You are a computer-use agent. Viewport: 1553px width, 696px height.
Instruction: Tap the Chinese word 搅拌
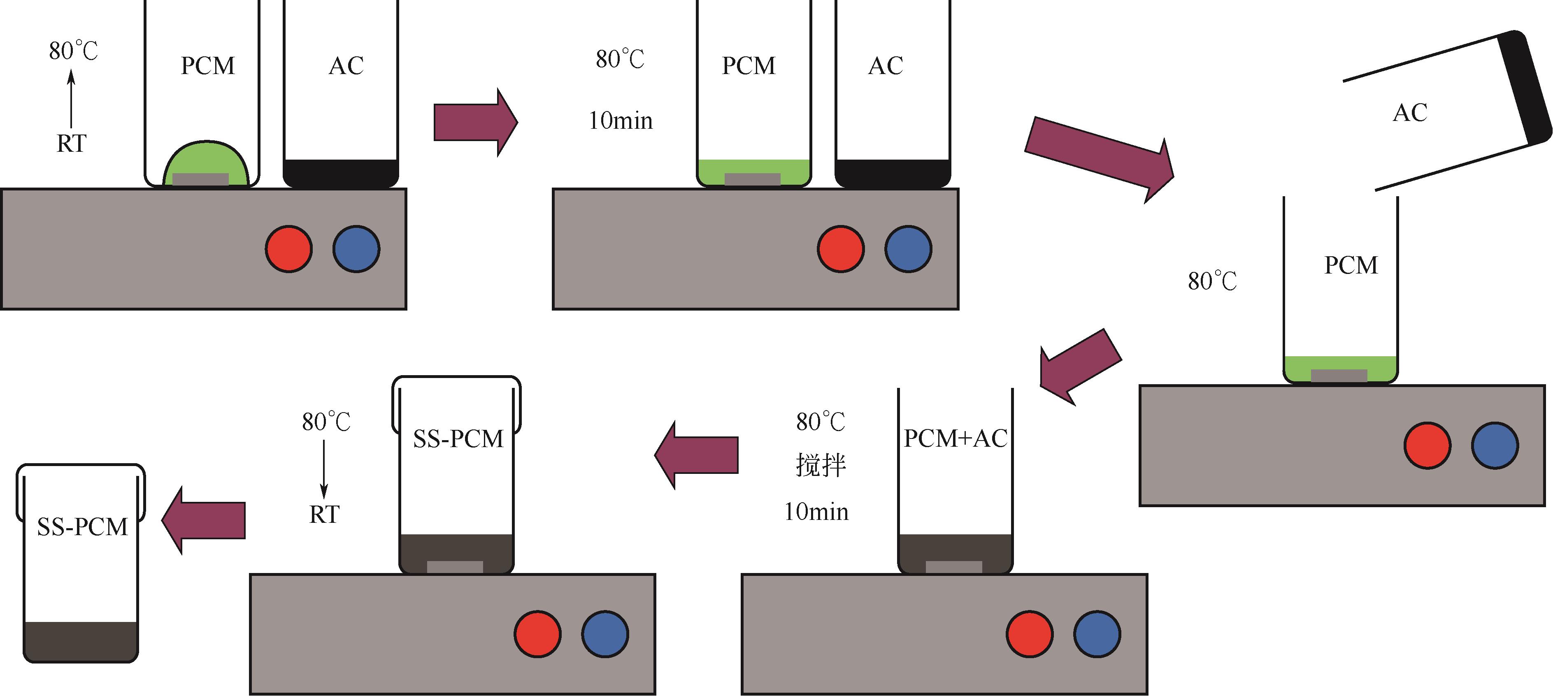tap(821, 465)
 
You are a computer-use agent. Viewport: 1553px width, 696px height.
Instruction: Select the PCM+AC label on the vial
tap(956, 438)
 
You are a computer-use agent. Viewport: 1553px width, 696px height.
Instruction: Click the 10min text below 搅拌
tap(816, 512)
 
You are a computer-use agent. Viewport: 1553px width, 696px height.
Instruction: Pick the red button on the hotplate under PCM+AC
tap(1029, 634)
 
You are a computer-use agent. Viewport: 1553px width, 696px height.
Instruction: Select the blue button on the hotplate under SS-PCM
tap(604, 634)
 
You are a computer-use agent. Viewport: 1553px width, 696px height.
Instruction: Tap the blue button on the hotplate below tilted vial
tap(1495, 445)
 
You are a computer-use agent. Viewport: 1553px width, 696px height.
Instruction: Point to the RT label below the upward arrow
tap(71, 144)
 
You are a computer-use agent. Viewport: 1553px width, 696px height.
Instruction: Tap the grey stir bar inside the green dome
tap(201, 179)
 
